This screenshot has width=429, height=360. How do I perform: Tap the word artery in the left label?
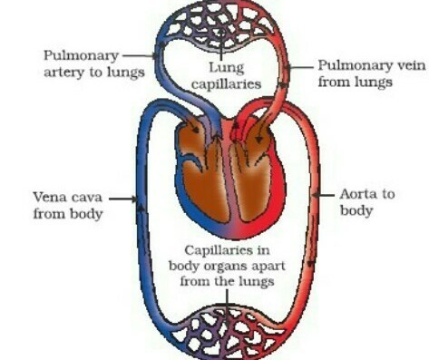click(x=64, y=73)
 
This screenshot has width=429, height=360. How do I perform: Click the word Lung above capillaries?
click(x=227, y=68)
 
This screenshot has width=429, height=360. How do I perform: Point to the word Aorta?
click(x=358, y=194)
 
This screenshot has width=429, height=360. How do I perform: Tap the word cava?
click(x=86, y=198)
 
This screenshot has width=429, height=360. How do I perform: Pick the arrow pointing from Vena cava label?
click(x=122, y=199)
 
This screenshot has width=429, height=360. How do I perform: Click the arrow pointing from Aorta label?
click(x=323, y=195)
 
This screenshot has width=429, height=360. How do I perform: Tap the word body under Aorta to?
click(x=356, y=210)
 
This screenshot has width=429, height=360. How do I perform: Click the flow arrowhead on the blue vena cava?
click(x=141, y=207)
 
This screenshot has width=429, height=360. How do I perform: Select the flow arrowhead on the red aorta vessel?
click(x=310, y=264)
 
